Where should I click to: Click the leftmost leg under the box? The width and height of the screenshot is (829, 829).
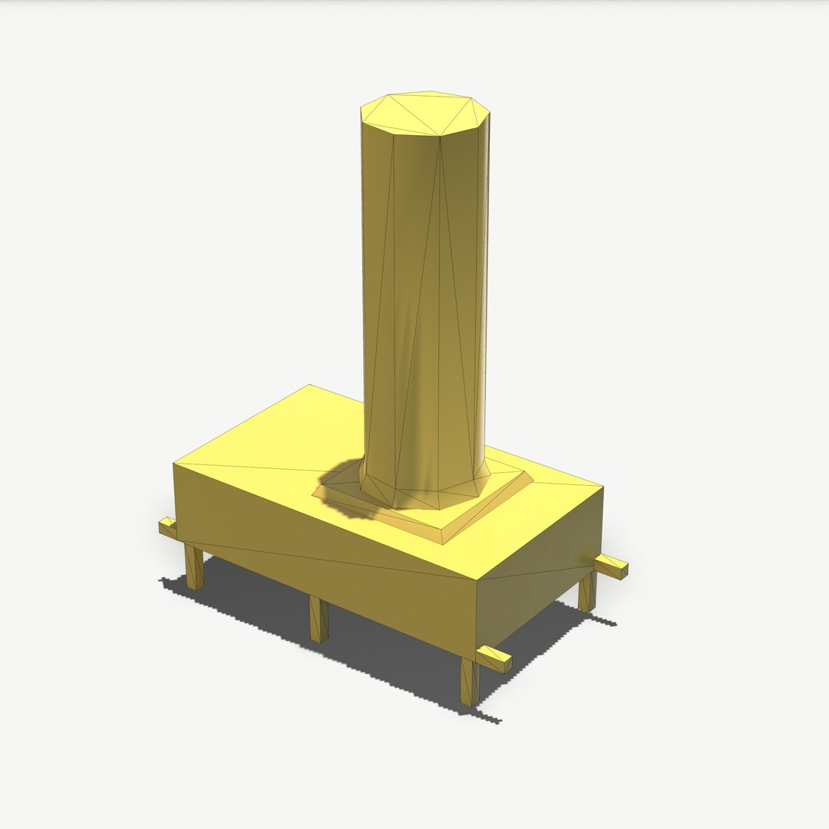point(193,566)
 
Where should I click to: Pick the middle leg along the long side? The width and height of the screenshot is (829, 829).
point(319,619)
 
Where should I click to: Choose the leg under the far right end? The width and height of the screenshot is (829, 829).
point(587,591)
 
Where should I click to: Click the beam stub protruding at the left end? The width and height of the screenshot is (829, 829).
point(167,527)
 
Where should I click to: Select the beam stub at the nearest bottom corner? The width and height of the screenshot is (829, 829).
point(494,659)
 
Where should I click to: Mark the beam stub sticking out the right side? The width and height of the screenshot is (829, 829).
point(611,566)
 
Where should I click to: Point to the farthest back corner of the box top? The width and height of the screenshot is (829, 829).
point(309,385)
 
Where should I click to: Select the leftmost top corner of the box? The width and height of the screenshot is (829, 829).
point(174,464)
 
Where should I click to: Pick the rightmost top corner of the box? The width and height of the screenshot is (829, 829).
point(603,487)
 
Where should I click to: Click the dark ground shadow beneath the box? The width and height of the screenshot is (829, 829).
point(384,652)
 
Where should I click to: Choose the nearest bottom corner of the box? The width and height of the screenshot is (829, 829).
point(477,651)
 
